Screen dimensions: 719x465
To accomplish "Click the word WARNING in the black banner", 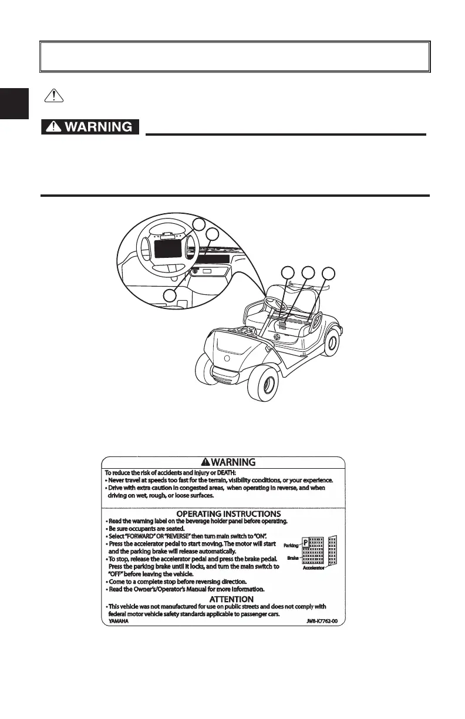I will tap(99, 127).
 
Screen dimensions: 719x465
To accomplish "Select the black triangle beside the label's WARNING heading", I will tap(205, 462).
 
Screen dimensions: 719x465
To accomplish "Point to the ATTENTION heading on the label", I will tap(232, 599).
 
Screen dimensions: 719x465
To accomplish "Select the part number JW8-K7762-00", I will tap(322, 621).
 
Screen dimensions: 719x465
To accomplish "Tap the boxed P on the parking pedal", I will tap(305, 542).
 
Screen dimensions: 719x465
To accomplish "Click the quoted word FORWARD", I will tap(146, 536).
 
